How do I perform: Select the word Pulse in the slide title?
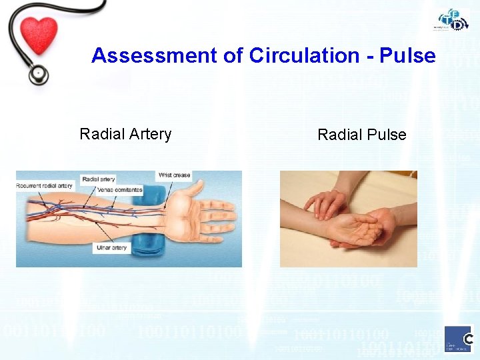click(x=407, y=55)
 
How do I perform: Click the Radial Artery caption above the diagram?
click(x=125, y=134)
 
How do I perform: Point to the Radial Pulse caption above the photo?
click(x=361, y=135)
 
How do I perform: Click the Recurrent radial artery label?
click(x=45, y=185)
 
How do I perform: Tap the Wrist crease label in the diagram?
click(x=174, y=175)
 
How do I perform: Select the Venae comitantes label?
click(x=120, y=190)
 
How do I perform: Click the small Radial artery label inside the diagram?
click(x=98, y=179)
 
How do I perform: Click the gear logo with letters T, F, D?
click(x=453, y=20)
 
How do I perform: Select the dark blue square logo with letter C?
click(x=459, y=338)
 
